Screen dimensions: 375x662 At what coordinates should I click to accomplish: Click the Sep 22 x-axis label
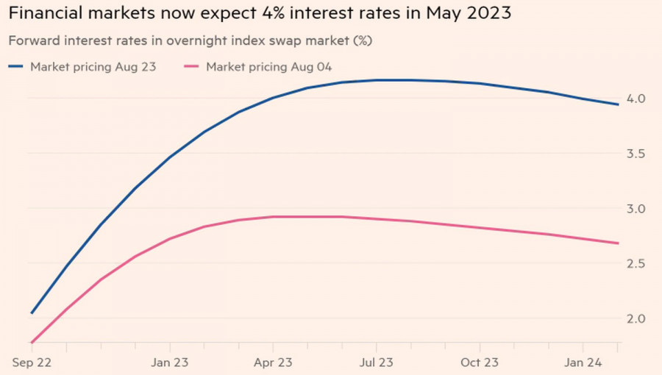pos(32,362)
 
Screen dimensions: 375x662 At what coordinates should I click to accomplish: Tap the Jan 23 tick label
pos(170,362)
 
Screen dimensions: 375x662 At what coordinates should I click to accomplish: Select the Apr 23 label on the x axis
pos(274,362)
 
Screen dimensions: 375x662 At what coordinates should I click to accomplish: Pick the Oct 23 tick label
pos(480,362)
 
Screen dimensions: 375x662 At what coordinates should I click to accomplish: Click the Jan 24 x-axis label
pos(583,362)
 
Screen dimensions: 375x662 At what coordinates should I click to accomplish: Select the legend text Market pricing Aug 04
pos(269,67)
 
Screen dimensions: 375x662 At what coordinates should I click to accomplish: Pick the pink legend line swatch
pos(192,67)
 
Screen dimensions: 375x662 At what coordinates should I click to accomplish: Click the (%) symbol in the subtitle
pos(362,41)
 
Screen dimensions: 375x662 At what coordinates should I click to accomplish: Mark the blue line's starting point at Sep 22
pos(32,313)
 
